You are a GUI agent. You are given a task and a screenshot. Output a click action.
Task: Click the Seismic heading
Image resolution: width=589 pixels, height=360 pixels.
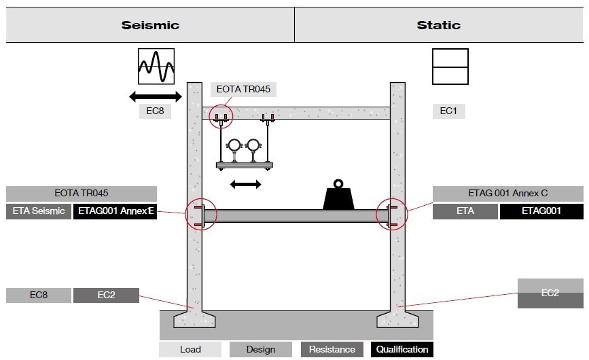(150, 25)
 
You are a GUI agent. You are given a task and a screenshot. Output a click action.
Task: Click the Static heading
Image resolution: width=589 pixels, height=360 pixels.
(438, 25)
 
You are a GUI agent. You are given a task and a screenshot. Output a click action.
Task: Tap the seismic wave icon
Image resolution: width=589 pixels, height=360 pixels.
(156, 66)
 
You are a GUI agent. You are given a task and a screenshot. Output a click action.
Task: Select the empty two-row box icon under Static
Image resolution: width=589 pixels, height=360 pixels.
(450, 67)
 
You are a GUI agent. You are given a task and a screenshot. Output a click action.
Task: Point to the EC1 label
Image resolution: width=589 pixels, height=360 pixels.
(448, 111)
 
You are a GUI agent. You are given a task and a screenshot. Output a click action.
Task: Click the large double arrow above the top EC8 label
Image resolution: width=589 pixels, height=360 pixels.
(156, 96)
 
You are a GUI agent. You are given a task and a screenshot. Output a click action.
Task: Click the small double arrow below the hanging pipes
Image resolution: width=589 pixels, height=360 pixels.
(246, 184)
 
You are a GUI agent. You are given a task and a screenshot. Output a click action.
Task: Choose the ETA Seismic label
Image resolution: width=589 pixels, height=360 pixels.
(38, 211)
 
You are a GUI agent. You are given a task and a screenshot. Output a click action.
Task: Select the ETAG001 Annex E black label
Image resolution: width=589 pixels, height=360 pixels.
(115, 211)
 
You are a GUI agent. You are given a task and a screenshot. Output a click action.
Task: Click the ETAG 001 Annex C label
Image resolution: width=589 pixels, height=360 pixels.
(507, 194)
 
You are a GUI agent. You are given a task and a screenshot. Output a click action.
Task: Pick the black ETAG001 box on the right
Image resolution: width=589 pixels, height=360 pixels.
(541, 211)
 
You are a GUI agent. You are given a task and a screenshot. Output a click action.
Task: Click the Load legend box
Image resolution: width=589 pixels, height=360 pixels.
(190, 349)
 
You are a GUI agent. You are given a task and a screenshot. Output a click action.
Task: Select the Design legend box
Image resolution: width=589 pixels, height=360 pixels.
(261, 349)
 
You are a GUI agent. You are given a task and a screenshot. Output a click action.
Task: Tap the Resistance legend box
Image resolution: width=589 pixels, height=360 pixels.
(332, 349)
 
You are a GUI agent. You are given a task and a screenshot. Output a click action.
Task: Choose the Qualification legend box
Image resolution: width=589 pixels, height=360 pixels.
(402, 349)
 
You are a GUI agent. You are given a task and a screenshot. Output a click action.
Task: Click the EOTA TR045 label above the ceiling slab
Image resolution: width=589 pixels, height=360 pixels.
(244, 89)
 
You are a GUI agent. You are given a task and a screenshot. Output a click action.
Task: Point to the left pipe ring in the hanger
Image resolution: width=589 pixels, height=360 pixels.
(234, 146)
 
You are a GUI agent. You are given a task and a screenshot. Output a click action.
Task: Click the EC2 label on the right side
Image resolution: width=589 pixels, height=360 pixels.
(550, 293)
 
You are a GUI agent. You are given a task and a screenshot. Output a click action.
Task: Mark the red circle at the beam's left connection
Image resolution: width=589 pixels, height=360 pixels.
(201, 215)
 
